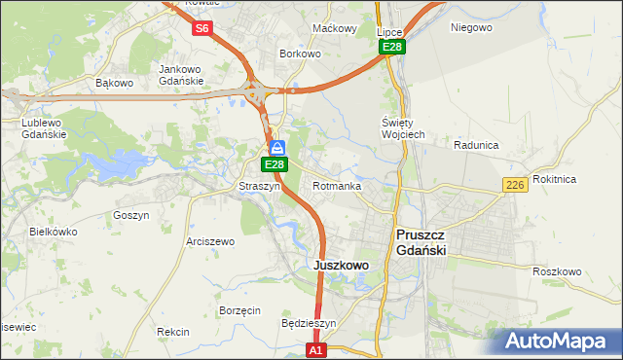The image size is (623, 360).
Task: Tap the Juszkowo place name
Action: pos(340,265)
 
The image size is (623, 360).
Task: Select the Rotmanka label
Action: pos(338,186)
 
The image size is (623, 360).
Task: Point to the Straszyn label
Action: pos(259,186)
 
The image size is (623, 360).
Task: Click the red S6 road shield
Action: pos(202,28)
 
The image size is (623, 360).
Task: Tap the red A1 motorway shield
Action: pos(315,348)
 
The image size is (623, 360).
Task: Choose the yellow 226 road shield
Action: pos(516,185)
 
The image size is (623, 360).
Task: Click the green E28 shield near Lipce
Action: pos(392,47)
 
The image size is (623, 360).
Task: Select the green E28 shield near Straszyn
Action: pos(274,165)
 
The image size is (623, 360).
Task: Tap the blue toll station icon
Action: pos(277,148)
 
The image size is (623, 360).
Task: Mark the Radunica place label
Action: pos(476,145)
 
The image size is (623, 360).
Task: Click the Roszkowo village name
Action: pos(558,271)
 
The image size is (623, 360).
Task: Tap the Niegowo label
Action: pos(471,27)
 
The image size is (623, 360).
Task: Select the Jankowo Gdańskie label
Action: pos(180,75)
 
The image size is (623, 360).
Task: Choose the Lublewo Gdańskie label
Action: pos(43,128)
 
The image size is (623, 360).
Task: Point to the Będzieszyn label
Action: pos(308,323)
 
